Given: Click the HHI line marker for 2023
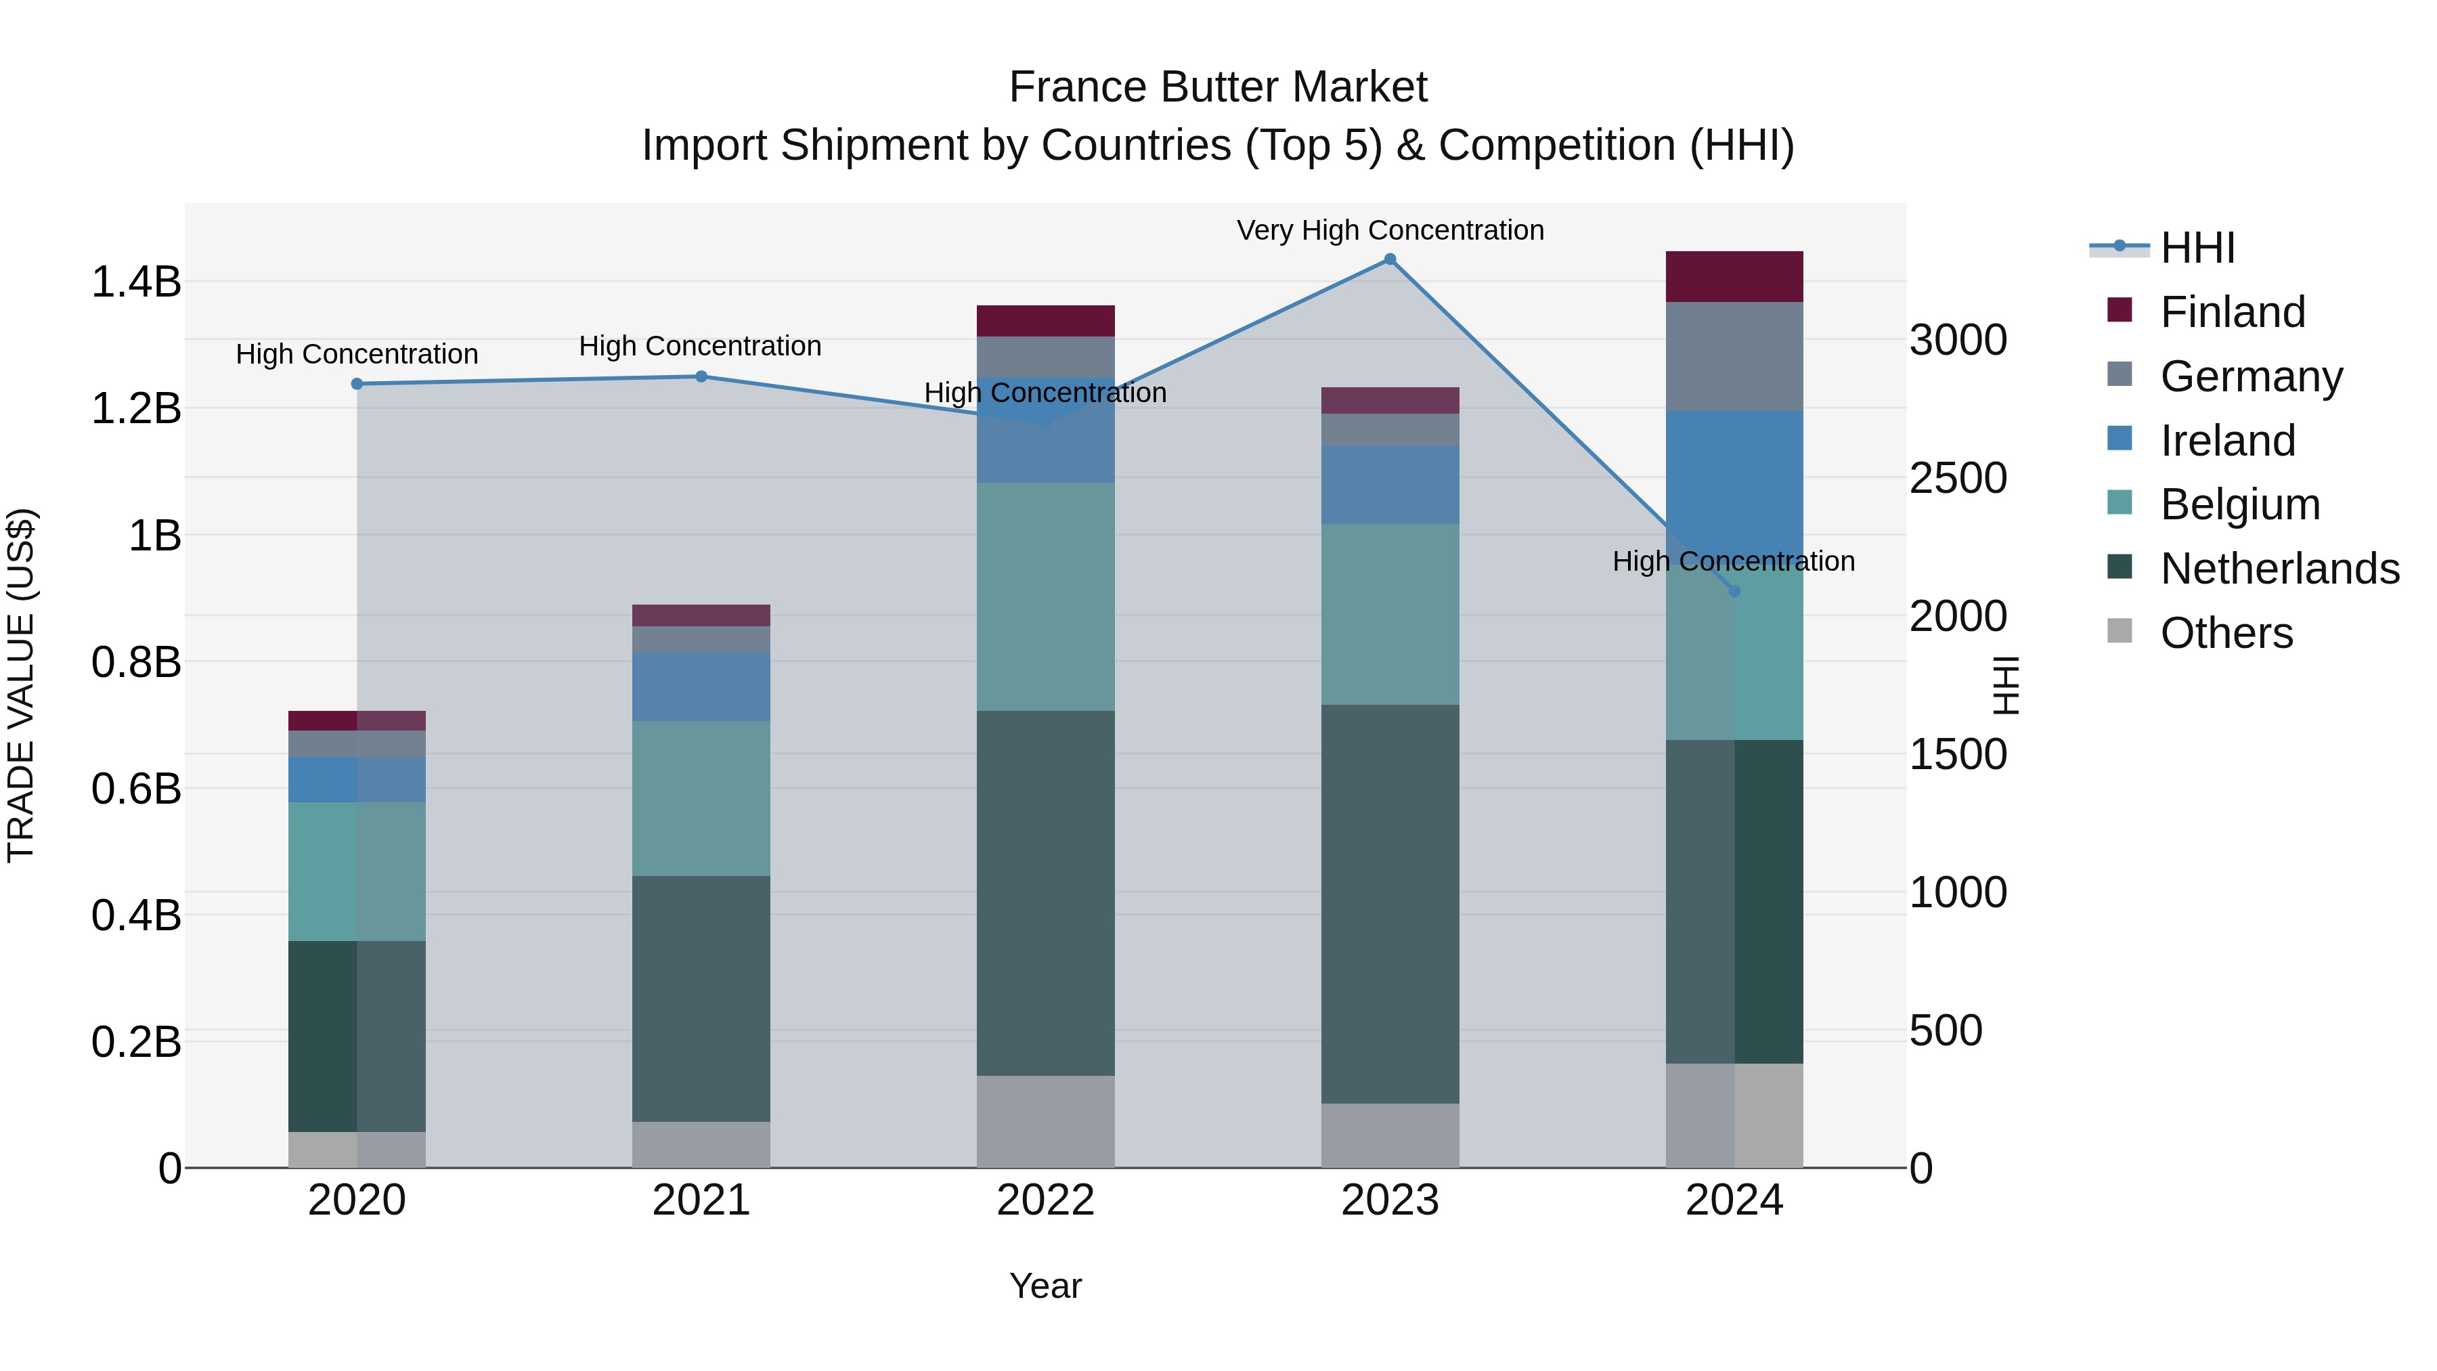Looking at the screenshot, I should click(1390, 259).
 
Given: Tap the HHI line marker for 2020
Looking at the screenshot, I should click(357, 384).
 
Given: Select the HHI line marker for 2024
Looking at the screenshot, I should click(1734, 591).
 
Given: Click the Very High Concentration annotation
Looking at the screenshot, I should click(1390, 230).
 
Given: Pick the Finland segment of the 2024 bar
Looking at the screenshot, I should click(1734, 276).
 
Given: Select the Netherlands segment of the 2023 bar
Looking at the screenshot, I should click(1390, 904).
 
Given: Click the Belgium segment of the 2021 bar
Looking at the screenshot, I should click(701, 799).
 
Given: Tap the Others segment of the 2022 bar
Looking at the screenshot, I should click(1045, 1121).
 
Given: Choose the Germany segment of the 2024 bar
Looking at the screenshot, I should click(1734, 357).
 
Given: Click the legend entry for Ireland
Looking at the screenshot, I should click(2227, 441).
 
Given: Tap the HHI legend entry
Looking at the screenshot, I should click(2197, 248).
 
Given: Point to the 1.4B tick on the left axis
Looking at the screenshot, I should click(136, 282).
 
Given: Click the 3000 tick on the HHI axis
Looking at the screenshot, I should click(1957, 340).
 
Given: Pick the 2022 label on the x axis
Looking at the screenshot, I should click(1045, 1200).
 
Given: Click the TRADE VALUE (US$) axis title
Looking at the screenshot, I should click(21, 685).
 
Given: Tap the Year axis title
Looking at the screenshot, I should click(1045, 1286).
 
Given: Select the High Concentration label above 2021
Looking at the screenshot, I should click(700, 346).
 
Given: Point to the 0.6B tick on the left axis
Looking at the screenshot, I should click(136, 788).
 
